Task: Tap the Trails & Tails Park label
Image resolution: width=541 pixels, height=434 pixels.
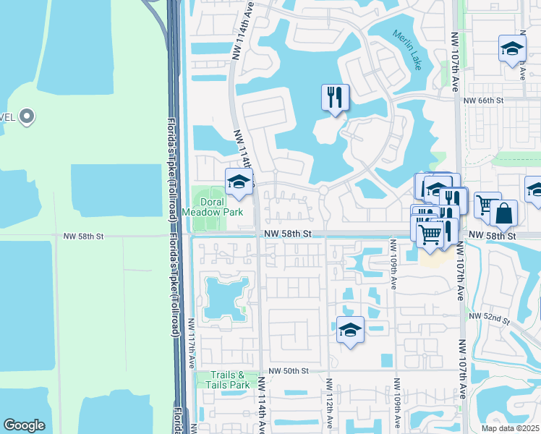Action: point(230,380)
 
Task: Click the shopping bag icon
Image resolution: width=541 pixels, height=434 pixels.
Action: point(503,213)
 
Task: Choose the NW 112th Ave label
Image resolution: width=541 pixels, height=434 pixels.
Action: point(328,405)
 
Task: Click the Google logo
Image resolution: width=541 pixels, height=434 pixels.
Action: point(24,425)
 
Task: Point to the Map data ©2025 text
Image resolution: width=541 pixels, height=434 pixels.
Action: point(510,428)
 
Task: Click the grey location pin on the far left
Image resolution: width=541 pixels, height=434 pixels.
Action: point(27,116)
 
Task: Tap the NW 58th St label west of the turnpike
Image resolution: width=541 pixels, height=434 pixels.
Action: point(84,236)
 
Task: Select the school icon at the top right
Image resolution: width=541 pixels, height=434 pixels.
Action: point(512,48)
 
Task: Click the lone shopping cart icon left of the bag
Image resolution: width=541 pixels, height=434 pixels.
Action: point(487,206)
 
